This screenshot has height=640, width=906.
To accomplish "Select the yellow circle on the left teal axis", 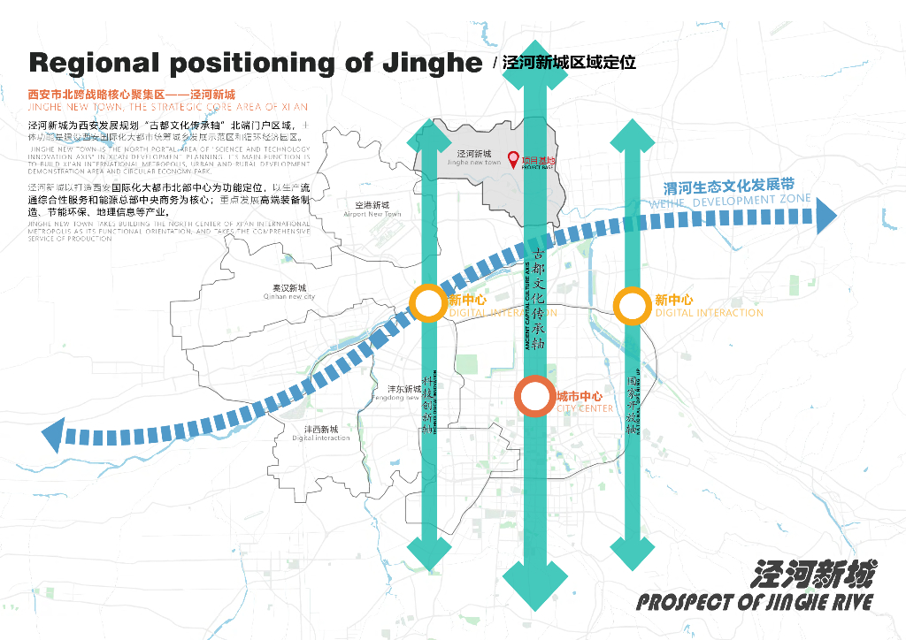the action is [x=428, y=304].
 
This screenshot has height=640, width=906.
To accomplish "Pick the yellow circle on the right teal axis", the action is [x=632, y=306].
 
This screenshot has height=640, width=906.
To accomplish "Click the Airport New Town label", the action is [x=372, y=214].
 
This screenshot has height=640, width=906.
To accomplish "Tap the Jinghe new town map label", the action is [x=474, y=163].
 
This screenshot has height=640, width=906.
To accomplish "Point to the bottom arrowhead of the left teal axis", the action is [x=428, y=553].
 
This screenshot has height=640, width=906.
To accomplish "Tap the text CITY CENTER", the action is [x=584, y=408].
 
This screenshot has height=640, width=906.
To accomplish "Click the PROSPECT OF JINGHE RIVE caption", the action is [x=755, y=602].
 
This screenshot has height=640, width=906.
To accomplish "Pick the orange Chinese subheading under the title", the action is [x=132, y=94].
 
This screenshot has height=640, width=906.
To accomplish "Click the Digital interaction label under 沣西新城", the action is [x=321, y=438].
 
